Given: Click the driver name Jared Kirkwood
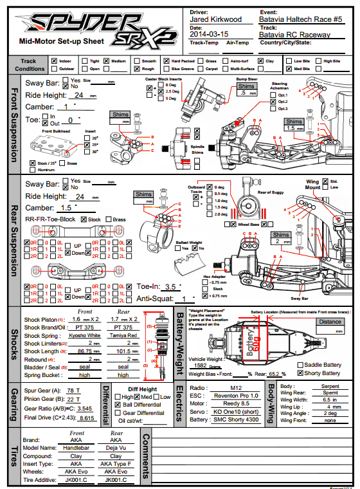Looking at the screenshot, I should coord(217,20).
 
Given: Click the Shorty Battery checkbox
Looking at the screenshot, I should coord(300,373).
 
